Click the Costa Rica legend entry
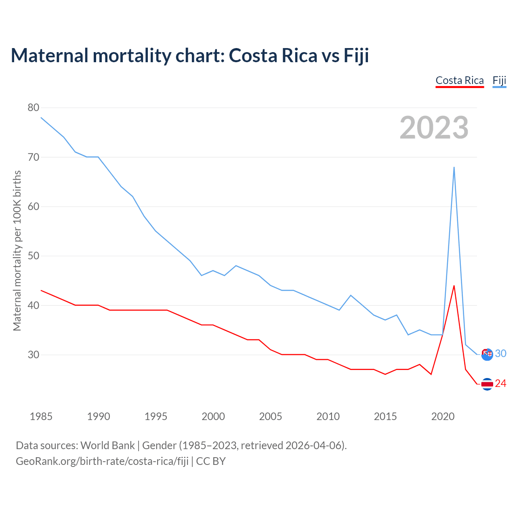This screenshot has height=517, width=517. [460, 80]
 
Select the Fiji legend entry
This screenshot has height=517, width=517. [499, 80]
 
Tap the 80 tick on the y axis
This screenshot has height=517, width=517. [34, 107]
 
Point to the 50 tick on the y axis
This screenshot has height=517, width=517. [34, 256]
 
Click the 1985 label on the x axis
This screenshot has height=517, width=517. [41, 416]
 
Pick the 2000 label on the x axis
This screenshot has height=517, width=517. [213, 416]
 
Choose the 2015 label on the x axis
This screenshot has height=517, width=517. [385, 416]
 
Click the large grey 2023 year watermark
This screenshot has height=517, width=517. [434, 128]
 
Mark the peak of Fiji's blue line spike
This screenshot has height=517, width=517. [454, 167]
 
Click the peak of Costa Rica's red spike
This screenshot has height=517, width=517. [454, 286]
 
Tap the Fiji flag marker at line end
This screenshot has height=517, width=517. [487, 354]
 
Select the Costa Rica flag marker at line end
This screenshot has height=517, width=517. [487, 384]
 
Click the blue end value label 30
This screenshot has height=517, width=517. [501, 354]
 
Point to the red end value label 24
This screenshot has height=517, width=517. [501, 384]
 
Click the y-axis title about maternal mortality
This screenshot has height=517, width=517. [17, 250]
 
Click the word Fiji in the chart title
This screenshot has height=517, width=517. [356, 55]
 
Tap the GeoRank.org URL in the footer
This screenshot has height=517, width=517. [102, 461]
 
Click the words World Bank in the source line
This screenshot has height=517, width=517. [107, 446]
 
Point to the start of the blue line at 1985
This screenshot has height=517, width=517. [41, 118]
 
